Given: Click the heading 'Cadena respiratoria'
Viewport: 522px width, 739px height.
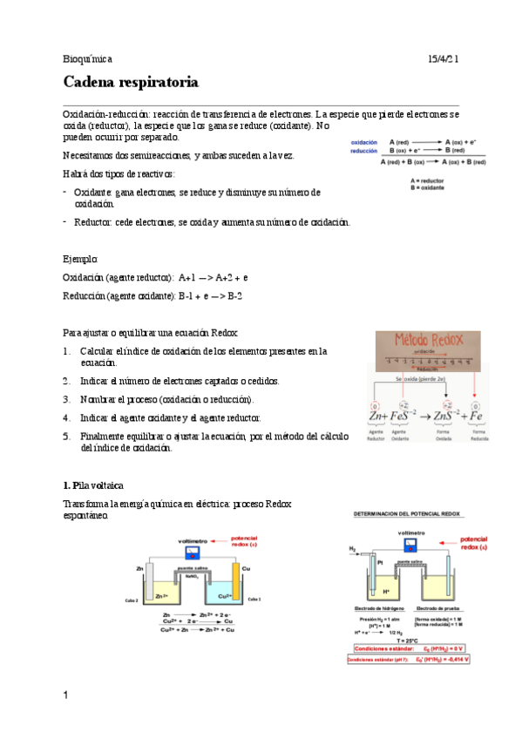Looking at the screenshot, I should [131, 83].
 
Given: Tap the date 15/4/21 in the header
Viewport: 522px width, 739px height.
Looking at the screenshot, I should [443, 58].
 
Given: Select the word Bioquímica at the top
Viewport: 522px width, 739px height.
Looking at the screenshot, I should [87, 58].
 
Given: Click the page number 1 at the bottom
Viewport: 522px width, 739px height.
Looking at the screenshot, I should [66, 695].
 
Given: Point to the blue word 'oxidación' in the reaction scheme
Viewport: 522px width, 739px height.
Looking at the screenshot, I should [363, 141].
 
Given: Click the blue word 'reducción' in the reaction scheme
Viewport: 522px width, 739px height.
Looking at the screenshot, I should [363, 151].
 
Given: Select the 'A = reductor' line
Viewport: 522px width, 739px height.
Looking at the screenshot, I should [428, 180].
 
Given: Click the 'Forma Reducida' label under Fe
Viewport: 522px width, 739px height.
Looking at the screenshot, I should [478, 435].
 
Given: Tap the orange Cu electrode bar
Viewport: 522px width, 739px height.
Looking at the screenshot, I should [234, 579].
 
